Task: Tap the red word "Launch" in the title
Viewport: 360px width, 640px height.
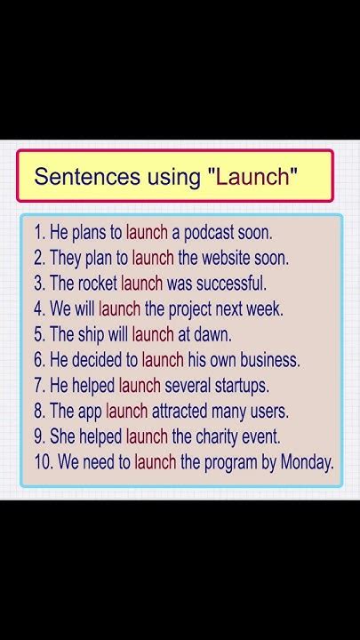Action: (x=252, y=176)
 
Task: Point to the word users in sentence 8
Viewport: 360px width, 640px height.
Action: (x=268, y=412)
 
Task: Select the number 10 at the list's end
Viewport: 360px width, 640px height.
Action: (x=43, y=462)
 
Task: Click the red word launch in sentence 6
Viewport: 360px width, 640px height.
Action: (x=163, y=360)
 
